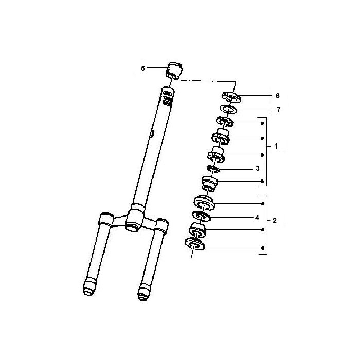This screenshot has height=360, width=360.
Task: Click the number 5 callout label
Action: (x=143, y=68)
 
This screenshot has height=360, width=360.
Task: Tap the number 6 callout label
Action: (x=277, y=96)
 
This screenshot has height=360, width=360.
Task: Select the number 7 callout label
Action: (x=278, y=110)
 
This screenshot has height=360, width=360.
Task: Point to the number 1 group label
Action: (x=276, y=146)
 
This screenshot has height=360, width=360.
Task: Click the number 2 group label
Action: (x=275, y=220)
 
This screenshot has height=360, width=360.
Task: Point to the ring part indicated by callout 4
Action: (x=200, y=217)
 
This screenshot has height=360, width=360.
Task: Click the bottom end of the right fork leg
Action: (x=144, y=294)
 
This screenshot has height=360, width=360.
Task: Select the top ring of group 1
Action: (x=225, y=122)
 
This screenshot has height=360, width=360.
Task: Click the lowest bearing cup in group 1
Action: (x=210, y=183)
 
